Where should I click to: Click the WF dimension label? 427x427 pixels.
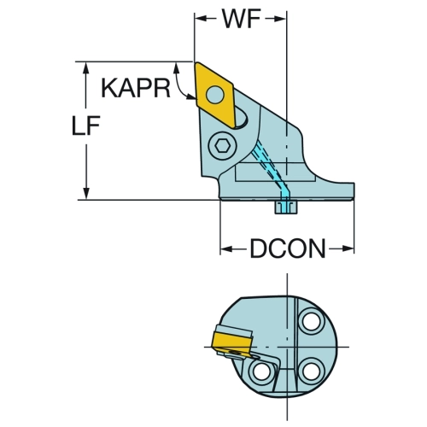click(x=242, y=19)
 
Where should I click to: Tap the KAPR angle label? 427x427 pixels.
click(x=136, y=89)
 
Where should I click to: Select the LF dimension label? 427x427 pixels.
click(x=85, y=126)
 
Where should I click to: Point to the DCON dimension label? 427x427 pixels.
click(x=288, y=249)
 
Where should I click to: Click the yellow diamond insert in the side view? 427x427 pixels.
click(x=214, y=95)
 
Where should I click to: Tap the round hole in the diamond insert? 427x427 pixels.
click(x=215, y=95)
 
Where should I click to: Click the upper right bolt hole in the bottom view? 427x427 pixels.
click(x=313, y=322)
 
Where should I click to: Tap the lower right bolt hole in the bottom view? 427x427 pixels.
click(x=313, y=371)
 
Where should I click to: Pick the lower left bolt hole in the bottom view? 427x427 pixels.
click(x=262, y=371)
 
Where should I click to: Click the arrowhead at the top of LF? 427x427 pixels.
click(x=86, y=68)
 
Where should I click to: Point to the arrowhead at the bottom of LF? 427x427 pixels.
click(x=86, y=193)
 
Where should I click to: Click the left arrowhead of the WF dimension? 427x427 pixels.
click(x=201, y=19)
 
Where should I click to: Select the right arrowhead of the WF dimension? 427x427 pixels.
click(x=279, y=19)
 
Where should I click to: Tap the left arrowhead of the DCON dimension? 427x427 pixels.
click(x=227, y=249)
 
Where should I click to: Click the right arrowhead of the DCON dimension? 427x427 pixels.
click(x=348, y=249)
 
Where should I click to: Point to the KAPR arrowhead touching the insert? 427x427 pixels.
click(x=190, y=97)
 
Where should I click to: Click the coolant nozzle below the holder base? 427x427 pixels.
click(x=286, y=207)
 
